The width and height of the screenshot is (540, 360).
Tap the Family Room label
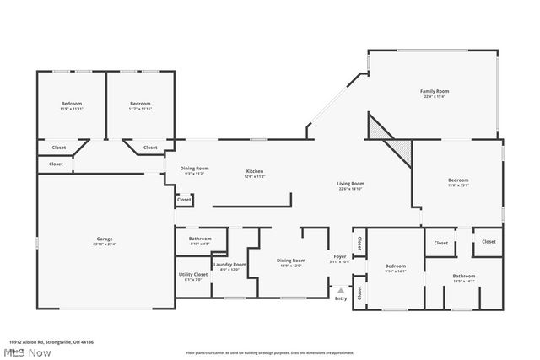click(x=435, y=93)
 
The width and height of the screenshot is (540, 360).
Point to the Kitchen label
click(x=255, y=172)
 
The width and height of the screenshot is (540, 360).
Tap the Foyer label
click(x=340, y=258)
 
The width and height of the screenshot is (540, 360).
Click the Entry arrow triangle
click(x=341, y=290)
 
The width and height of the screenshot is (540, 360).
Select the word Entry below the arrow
click(x=341, y=298)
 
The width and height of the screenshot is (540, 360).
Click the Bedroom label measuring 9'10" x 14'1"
click(x=396, y=267)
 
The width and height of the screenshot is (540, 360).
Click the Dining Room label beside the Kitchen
click(x=194, y=169)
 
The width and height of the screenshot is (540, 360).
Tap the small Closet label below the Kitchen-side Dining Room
click(x=184, y=200)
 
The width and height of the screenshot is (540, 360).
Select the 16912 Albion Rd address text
click(x=51, y=341)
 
